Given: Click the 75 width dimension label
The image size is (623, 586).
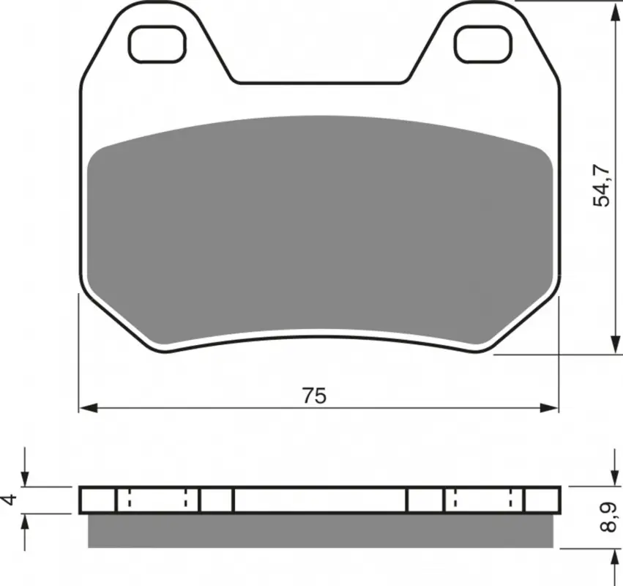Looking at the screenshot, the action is [314, 396].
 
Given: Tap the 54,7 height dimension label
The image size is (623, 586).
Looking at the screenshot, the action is [601, 185].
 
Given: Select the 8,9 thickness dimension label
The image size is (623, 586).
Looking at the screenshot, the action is [608, 517].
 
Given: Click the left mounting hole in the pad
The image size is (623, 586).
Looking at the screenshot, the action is [157, 44].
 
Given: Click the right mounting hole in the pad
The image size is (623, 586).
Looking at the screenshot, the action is [484, 44].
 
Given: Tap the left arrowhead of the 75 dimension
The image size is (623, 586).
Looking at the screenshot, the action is [88, 408].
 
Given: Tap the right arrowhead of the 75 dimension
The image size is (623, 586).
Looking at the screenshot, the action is [549, 408].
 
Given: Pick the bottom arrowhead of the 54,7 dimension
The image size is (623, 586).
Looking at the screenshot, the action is [615, 344].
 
